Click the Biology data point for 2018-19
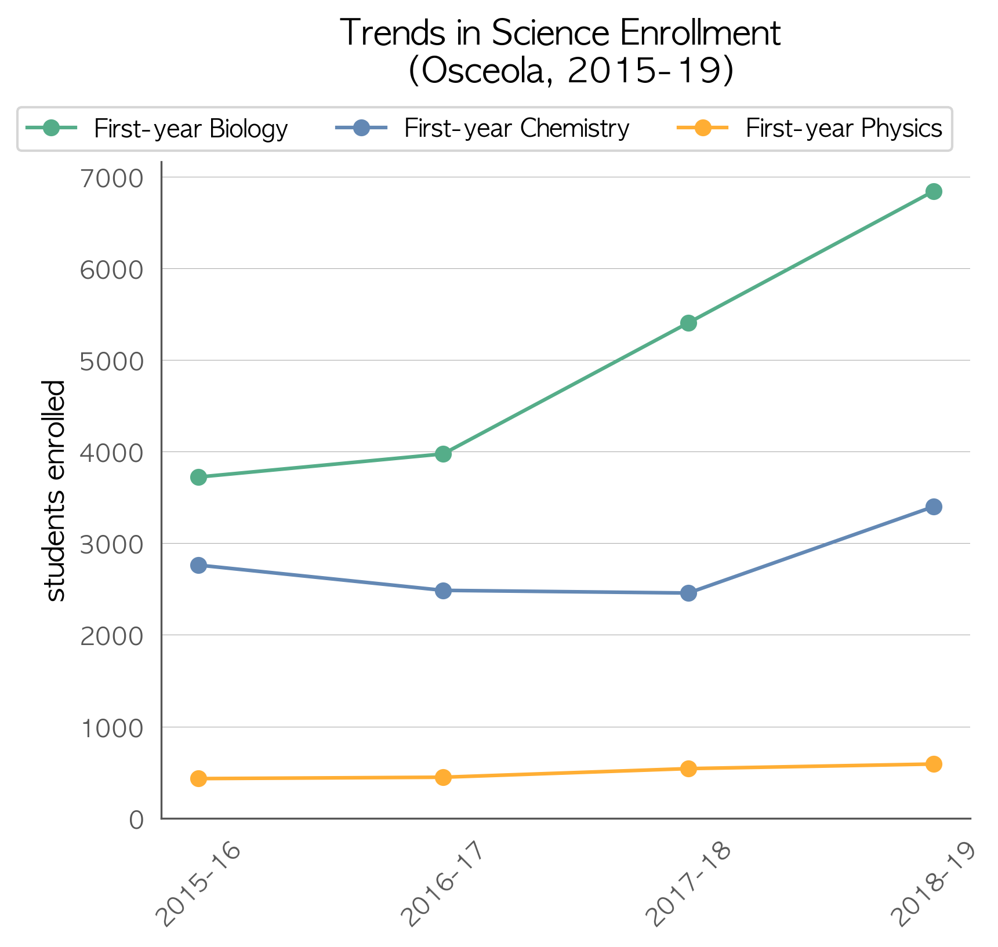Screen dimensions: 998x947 tap(933, 192)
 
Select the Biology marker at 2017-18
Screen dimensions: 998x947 tap(688, 323)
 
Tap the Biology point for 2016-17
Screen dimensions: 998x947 tap(443, 454)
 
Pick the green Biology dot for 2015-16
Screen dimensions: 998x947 tap(198, 477)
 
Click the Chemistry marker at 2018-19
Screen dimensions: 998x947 tap(933, 507)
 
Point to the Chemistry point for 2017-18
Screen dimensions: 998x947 tap(688, 593)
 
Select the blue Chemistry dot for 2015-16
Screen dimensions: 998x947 tap(198, 566)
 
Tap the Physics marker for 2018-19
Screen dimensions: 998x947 tap(933, 764)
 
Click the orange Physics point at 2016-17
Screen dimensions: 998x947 tap(443, 777)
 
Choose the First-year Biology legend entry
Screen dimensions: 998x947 tap(157, 128)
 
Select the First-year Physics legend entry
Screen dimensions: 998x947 tap(810, 128)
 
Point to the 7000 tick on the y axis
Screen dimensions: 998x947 tap(111, 179)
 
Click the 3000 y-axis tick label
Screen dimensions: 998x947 tap(111, 545)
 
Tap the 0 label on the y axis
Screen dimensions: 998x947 tap(136, 819)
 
